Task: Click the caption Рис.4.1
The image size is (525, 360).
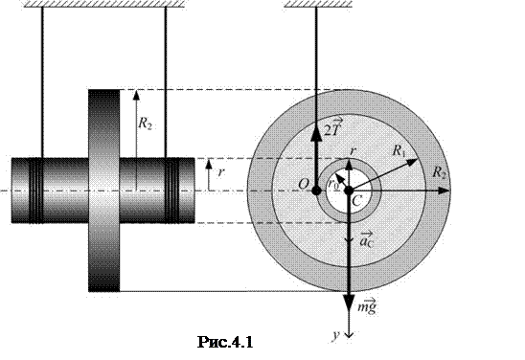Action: point(225,342)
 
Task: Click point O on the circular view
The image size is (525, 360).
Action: point(316,191)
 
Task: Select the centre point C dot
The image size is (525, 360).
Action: point(349,191)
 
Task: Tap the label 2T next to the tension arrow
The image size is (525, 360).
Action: point(331,127)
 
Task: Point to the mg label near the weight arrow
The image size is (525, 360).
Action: point(366,306)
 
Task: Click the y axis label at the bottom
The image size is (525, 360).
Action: point(336,334)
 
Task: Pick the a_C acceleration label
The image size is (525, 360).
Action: point(367,239)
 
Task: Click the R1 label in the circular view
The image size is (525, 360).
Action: point(399,151)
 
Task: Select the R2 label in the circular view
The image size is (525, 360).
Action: point(439,172)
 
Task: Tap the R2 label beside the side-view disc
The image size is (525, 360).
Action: point(145,124)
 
